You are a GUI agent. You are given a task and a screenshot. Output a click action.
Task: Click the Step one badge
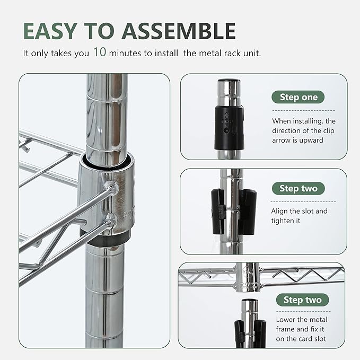[298, 97]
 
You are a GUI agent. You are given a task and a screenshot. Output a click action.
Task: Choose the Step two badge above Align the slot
[298, 188]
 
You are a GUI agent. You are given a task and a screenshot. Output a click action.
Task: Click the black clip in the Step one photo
[229, 127]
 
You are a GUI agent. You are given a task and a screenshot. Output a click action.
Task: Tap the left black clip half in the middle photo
[217, 212]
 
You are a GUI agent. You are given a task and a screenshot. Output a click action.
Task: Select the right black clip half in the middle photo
[248, 212]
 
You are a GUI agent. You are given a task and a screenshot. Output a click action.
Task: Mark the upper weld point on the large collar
[110, 187]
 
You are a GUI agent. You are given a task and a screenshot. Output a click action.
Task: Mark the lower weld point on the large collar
[110, 218]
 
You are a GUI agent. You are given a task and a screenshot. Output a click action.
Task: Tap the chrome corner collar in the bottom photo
[248, 276]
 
